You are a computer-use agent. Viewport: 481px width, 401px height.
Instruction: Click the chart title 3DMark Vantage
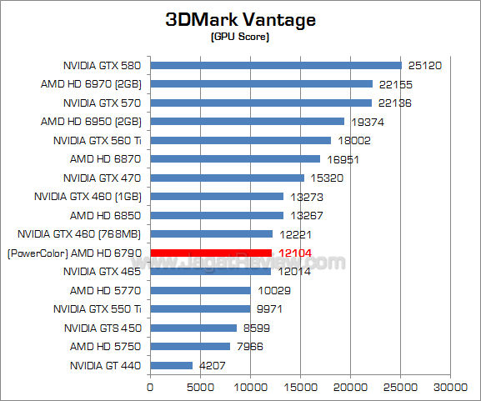241,19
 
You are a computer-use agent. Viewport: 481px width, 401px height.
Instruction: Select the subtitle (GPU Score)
241,38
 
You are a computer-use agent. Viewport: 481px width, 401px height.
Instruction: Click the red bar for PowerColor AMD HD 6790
211,253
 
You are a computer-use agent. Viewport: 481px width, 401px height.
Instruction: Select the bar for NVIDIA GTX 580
276,65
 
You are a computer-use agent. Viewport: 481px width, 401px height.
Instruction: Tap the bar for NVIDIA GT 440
172,365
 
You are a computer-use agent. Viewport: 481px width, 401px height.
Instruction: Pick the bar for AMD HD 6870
235,158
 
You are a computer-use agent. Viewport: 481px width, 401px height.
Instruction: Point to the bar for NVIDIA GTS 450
193,328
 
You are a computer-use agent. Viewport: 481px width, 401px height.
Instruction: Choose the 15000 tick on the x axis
301,387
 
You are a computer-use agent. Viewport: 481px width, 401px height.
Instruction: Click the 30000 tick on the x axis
451,387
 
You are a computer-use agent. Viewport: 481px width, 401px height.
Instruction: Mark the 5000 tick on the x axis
201,387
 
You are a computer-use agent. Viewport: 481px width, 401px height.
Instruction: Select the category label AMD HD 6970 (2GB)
92,84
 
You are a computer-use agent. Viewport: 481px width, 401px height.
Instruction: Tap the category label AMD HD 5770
107,290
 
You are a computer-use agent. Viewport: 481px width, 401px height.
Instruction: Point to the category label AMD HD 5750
107,346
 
